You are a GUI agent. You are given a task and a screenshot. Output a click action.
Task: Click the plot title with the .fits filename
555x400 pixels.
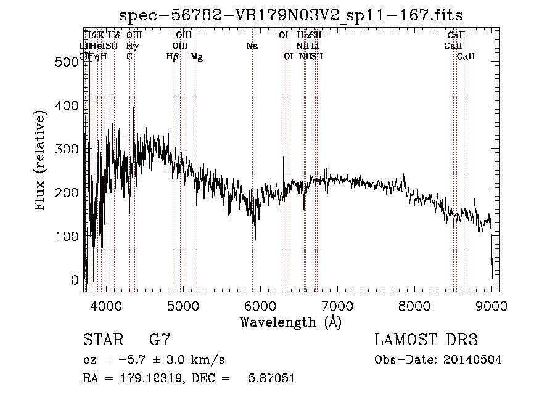pos(290,15)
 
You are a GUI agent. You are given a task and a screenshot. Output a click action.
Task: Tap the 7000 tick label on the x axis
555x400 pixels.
pos(337,304)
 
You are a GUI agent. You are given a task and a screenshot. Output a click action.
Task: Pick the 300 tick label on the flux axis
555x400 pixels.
pos(70,149)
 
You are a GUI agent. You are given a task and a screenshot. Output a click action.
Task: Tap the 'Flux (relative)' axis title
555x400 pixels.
pos(41,162)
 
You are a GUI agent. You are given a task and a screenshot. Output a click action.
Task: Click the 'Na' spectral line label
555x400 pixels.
pos(252,46)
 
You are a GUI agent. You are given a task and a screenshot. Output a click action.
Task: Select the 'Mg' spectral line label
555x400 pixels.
pos(197,57)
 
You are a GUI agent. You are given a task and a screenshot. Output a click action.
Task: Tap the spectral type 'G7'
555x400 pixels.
pos(160,340)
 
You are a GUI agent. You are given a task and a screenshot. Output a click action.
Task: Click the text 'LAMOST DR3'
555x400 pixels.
pos(425,340)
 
